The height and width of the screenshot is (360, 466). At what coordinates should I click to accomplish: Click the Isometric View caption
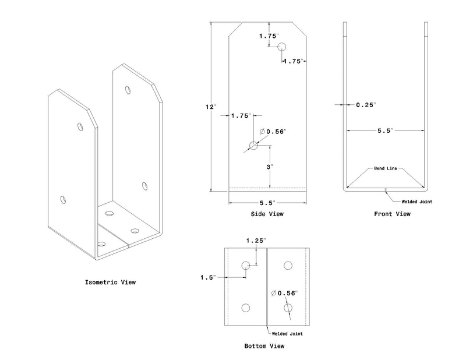click(110, 283)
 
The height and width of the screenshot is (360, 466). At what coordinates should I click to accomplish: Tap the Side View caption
click(268, 214)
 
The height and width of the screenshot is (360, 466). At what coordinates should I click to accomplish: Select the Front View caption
click(392, 214)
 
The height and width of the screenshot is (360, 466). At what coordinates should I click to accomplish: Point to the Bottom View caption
click(264, 346)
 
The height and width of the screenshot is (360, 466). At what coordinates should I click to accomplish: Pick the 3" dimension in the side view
click(270, 167)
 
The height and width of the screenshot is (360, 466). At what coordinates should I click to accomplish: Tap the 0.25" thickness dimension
click(366, 105)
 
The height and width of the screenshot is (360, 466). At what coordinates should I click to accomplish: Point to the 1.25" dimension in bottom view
click(256, 240)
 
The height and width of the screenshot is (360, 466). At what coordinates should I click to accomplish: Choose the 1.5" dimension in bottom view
click(207, 277)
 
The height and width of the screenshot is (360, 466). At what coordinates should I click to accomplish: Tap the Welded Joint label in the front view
click(416, 202)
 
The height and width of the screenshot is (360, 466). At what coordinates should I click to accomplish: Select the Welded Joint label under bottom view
click(287, 333)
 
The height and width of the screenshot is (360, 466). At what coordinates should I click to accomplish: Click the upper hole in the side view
click(282, 47)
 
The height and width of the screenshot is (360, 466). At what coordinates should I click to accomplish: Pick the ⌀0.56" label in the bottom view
click(285, 292)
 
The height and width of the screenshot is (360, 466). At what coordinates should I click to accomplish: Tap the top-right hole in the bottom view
click(287, 266)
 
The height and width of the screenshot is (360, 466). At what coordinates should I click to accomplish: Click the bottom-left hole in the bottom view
click(246, 308)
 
